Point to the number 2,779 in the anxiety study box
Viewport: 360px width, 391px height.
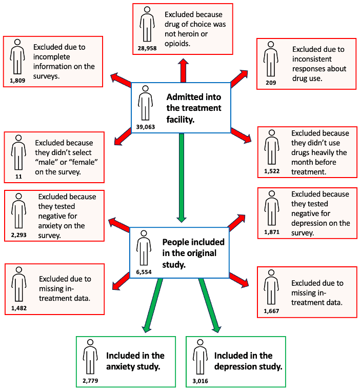tap(90, 381)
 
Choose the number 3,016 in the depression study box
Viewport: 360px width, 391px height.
tap(200, 381)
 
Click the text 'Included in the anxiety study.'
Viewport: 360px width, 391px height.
tap(135, 361)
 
